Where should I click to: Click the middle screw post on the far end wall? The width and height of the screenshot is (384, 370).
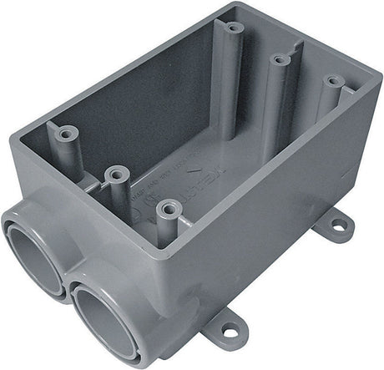pyautogui.click(x=280, y=59)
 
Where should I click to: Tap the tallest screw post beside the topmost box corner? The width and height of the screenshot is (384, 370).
pyautogui.click(x=234, y=28)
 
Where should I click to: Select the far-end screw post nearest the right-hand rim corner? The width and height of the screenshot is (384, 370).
pyautogui.click(x=333, y=83)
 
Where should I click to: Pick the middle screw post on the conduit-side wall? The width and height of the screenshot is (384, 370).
pyautogui.click(x=117, y=174)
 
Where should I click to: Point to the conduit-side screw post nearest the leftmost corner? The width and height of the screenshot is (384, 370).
pyautogui.click(x=65, y=132)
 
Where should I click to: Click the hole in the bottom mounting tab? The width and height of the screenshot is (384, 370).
pyautogui.click(x=228, y=332)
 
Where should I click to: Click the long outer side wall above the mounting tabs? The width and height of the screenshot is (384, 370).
pyautogui.click(x=275, y=209)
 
